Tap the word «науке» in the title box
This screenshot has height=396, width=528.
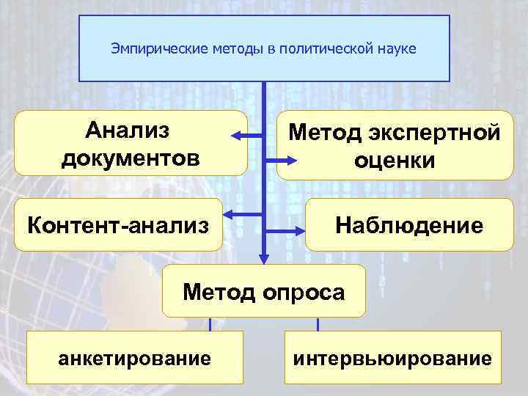point(396,49)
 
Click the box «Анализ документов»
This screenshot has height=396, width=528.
point(131,143)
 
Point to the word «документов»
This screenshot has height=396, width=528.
point(131,157)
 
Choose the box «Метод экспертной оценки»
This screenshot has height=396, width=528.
point(395,145)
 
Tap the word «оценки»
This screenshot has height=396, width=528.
point(395,159)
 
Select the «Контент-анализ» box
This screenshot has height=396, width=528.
point(117,223)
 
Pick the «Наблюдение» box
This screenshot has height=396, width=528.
point(409,224)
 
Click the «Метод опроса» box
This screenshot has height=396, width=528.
point(263,291)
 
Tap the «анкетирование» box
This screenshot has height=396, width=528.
point(134,359)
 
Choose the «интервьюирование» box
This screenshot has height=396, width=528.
point(392,359)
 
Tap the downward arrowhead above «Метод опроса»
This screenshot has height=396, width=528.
point(263,256)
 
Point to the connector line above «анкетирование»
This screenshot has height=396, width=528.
point(210,323)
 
